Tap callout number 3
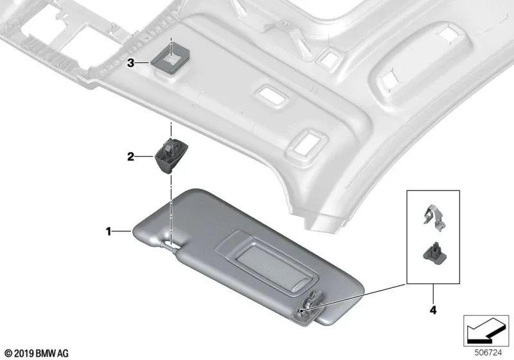click(130, 63)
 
